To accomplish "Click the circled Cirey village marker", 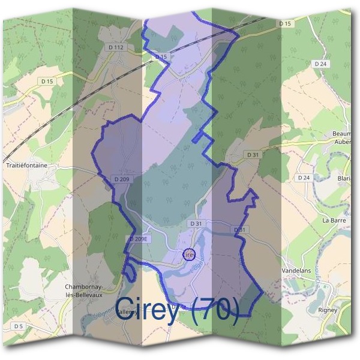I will [188, 255].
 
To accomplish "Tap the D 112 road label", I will [117, 47].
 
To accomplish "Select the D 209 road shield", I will [121, 179].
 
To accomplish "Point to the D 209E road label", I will [138, 239].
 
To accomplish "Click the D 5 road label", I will [18, 326].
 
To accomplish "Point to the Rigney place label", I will [327, 310].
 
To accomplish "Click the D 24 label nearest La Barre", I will [304, 178].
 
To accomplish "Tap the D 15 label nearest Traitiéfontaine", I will [47, 80].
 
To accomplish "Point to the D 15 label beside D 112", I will [160, 56].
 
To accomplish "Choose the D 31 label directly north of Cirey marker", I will [196, 223].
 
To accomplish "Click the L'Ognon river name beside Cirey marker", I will [202, 259].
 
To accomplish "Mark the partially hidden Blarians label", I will [344, 178].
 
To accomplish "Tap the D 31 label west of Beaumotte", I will [253, 155].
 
